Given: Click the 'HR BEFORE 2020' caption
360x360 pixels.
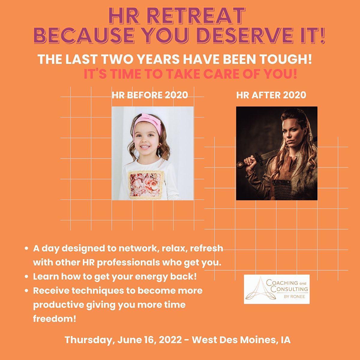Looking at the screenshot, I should [x=150, y=95].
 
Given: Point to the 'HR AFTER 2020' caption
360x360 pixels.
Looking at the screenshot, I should [x=271, y=95].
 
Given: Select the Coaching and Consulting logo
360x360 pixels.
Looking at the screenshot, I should [x=277, y=289].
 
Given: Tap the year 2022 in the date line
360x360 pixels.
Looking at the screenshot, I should [x=170, y=340].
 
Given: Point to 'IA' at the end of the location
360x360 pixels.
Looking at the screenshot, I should [x=285, y=340].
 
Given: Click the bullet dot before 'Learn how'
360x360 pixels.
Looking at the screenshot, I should [x=27, y=277].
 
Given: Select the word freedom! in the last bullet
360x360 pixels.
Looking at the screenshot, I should [x=54, y=318].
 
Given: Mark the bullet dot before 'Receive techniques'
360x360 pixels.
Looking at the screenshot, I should [x=27, y=291].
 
